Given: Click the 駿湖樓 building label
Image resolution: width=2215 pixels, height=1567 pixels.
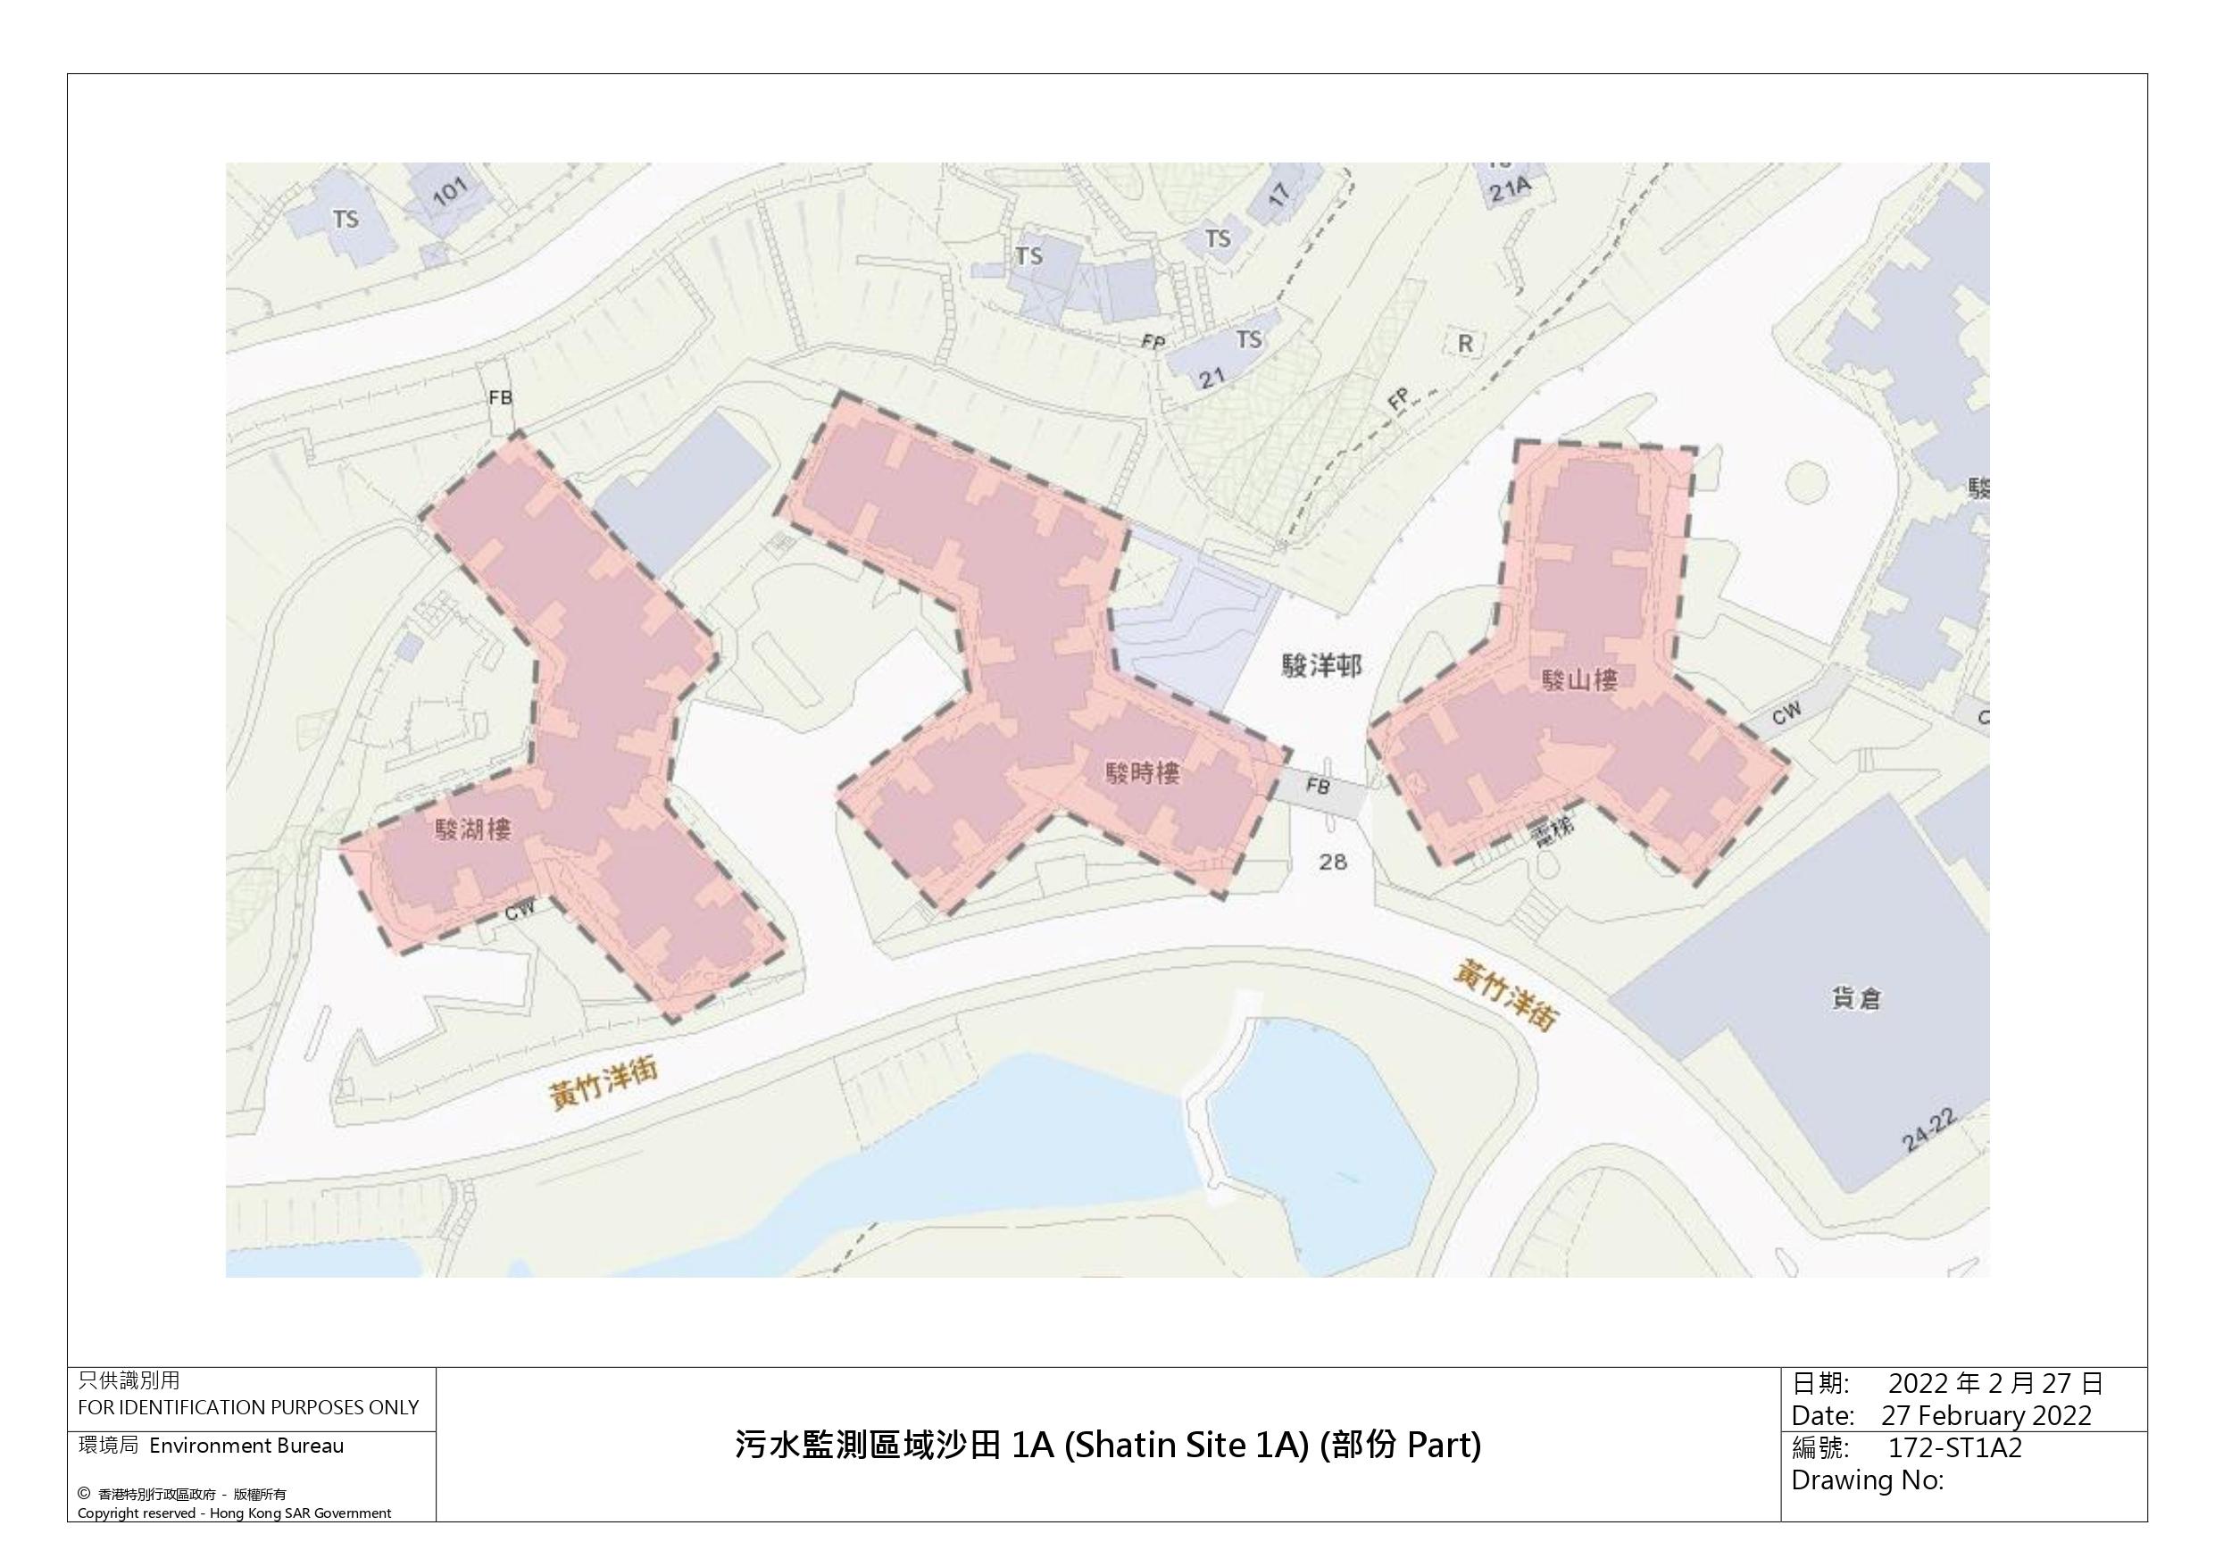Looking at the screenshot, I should coord(472,829).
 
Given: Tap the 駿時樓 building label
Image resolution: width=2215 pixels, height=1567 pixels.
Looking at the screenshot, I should coord(1142,773).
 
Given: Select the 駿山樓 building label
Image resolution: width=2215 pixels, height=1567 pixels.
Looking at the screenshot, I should coord(1579,680).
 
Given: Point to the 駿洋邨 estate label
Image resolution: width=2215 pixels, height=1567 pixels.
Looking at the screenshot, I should coord(1321,666).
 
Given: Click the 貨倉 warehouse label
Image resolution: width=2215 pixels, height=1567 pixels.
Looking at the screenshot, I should coord(1856,998).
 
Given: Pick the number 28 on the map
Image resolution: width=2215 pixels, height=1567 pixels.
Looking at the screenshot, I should coord(1332,862).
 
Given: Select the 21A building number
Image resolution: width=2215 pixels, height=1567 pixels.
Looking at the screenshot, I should coord(1510,188).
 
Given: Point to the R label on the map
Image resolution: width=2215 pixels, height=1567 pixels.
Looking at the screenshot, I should coord(1465,344).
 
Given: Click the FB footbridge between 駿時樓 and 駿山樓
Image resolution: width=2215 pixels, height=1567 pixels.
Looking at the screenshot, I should coord(1318,787).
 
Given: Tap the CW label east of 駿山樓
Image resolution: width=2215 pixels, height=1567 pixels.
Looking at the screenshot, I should coord(1786,713).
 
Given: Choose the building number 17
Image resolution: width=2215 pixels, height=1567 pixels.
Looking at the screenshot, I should coord(1278,194).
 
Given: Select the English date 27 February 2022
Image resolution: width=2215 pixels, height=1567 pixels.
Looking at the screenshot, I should coord(1986,1415).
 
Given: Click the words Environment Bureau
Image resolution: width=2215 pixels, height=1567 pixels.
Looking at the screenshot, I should coord(246,1446).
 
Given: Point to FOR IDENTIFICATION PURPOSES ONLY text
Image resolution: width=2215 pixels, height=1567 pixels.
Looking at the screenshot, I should coord(248,1407).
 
